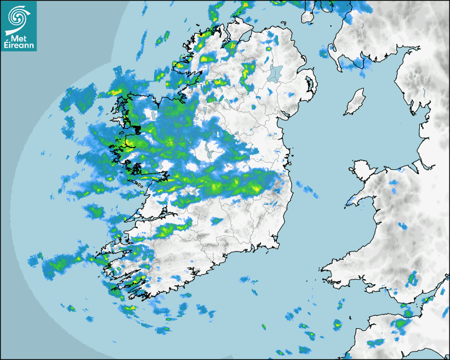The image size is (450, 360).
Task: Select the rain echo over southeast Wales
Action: pos(411,278)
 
